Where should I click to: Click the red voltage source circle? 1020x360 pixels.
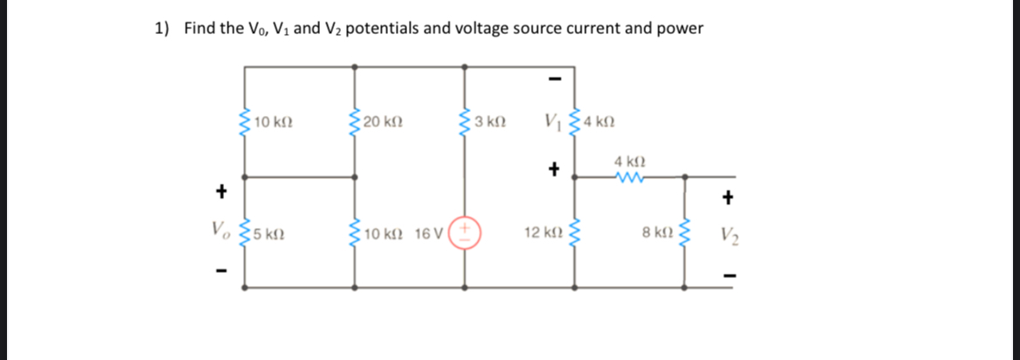[466, 233]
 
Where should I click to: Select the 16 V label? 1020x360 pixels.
[431, 234]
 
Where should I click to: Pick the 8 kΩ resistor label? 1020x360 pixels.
[656, 233]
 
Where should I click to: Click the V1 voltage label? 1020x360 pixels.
[551, 121]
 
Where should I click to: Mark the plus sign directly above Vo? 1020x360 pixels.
[221, 189]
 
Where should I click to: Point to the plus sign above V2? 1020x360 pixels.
[729, 198]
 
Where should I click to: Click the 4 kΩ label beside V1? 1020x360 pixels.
[600, 122]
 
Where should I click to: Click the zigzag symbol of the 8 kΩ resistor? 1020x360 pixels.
[683, 232]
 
